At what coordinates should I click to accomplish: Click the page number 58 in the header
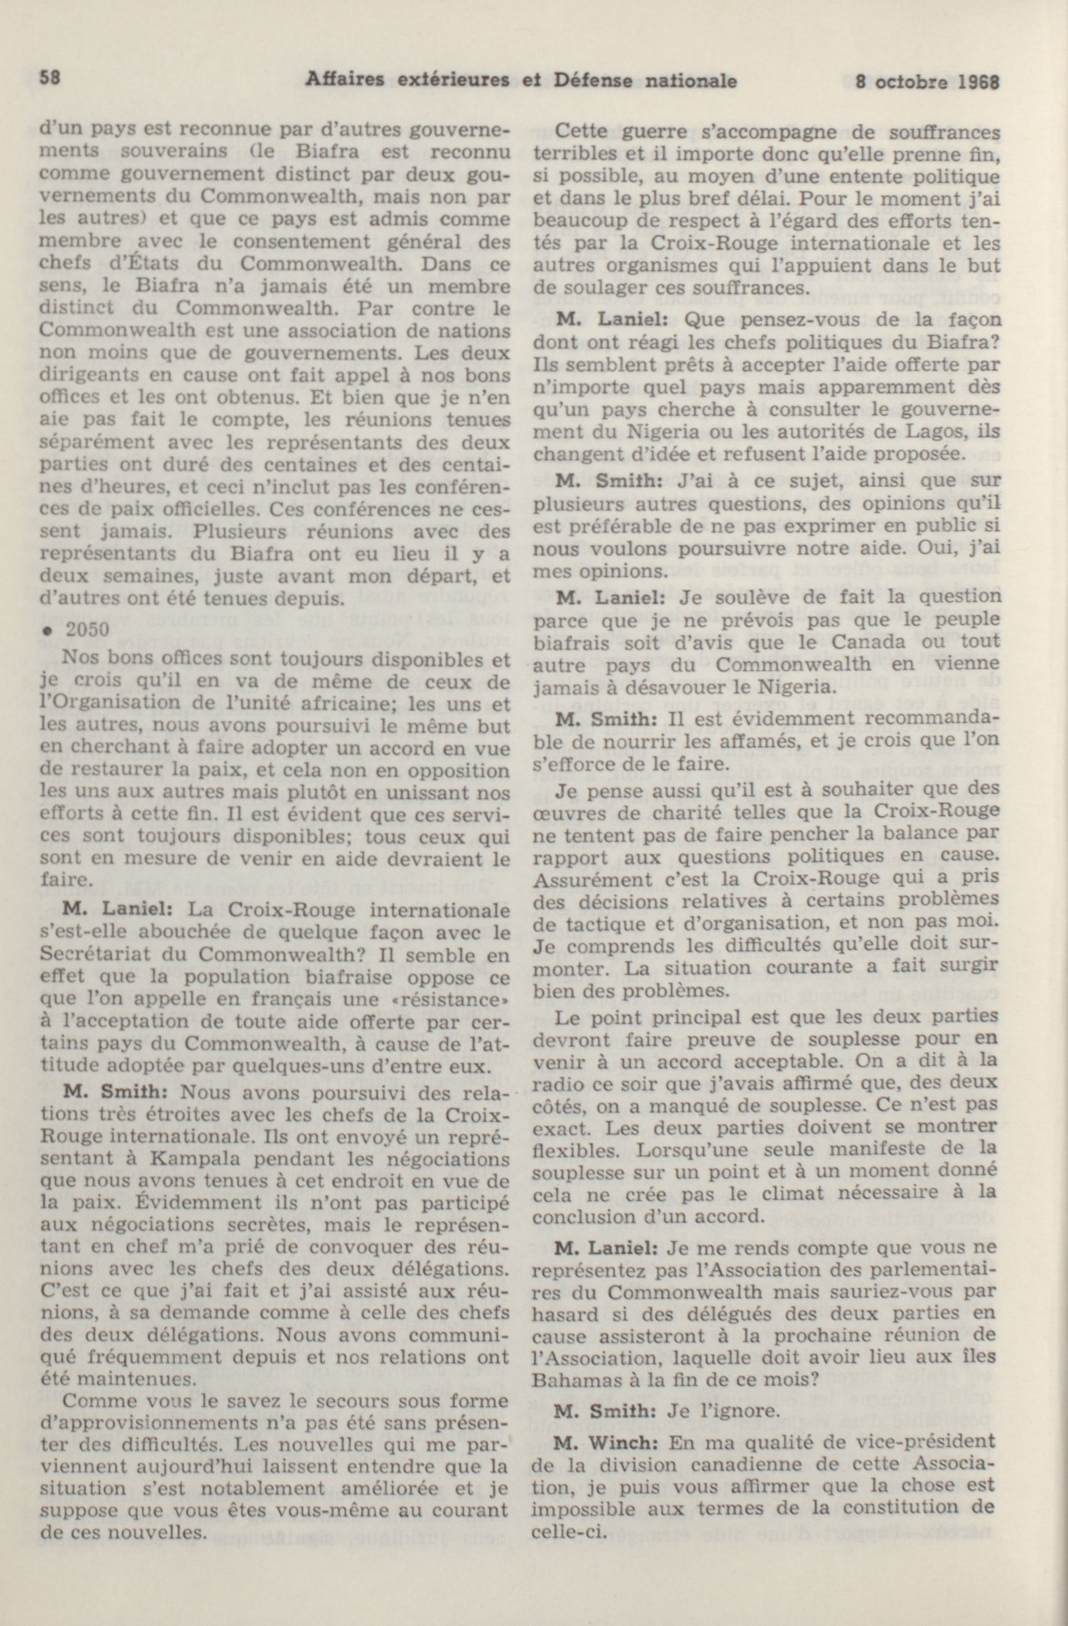(51, 79)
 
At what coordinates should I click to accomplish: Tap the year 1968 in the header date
(979, 81)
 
